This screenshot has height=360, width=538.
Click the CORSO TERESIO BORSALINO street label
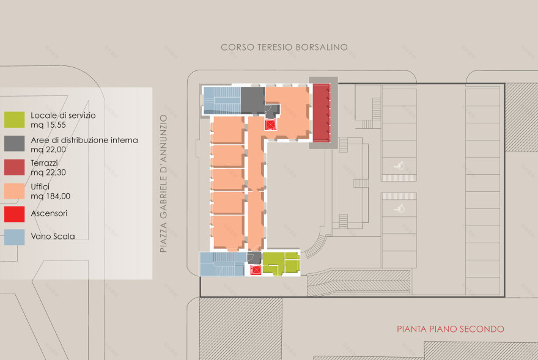click(284, 47)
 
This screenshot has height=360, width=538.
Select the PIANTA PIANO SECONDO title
click(451, 329)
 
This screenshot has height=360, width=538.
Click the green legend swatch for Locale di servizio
click(14, 119)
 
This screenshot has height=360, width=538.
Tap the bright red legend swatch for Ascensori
click(14, 214)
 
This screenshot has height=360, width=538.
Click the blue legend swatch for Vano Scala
click(14, 237)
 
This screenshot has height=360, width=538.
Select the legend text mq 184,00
click(49, 196)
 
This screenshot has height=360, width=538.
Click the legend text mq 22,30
click(48, 172)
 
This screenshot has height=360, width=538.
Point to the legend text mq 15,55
click(48, 125)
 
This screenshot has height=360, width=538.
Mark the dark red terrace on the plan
click(321, 114)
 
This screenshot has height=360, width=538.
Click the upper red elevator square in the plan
click(270, 124)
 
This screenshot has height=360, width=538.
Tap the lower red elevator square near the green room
click(256, 270)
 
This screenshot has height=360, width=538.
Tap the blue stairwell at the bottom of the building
click(221, 264)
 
